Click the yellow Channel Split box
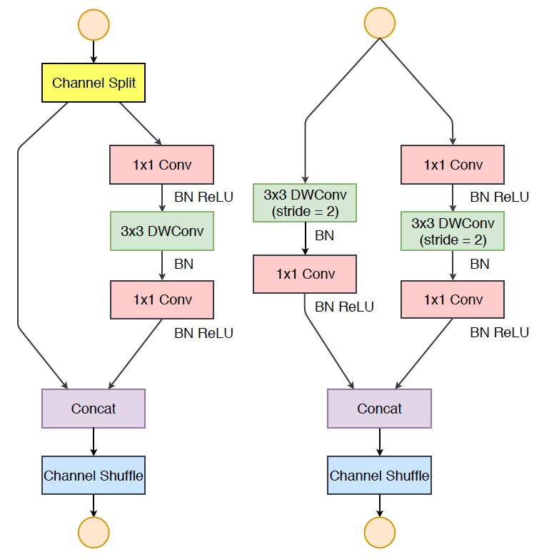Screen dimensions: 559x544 [x=94, y=83]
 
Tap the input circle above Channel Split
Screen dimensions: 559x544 [x=94, y=24]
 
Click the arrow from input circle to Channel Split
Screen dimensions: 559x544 [x=94, y=52]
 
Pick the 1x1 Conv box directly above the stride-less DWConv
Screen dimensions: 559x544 [x=162, y=165]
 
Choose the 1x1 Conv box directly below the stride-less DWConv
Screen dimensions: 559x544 [x=162, y=299]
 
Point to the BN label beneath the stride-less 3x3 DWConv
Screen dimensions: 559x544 [x=183, y=265]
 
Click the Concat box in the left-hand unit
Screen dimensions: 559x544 [x=94, y=409]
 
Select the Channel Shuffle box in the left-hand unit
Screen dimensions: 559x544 [x=94, y=476]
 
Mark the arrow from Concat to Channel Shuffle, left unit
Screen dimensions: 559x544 [x=94, y=442]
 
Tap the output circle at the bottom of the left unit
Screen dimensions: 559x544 [x=94, y=532]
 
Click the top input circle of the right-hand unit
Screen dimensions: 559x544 [x=380, y=23]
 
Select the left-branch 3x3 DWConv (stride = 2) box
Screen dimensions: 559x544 [x=306, y=202]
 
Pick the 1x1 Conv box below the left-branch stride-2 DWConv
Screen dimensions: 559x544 [x=306, y=275]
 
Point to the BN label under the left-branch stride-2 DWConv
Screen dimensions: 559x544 [x=325, y=236]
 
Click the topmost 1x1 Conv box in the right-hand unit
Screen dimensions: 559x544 [x=453, y=165]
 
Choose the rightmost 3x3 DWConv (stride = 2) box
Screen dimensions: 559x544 [x=453, y=231]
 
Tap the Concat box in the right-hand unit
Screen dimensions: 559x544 [x=380, y=409]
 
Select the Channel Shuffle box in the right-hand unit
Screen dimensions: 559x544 [x=380, y=476]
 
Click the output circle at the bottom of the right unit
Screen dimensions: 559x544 [x=380, y=532]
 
